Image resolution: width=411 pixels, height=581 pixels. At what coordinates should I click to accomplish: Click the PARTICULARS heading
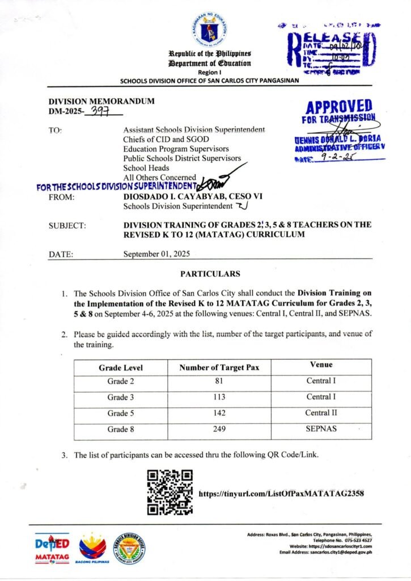click(x=210, y=274)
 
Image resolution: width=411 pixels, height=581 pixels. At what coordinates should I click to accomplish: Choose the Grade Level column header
click(x=121, y=368)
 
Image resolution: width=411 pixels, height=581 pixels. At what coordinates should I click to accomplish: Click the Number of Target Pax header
click(x=219, y=368)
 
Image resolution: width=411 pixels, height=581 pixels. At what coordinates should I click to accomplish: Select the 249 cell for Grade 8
click(x=219, y=430)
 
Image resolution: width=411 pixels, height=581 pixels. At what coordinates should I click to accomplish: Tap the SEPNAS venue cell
click(x=321, y=429)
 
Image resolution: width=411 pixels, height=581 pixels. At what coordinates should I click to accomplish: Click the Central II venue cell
click(x=321, y=413)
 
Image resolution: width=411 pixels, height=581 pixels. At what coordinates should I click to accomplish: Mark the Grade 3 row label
click(x=121, y=398)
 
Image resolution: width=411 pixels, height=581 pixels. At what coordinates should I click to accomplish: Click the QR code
click(x=170, y=492)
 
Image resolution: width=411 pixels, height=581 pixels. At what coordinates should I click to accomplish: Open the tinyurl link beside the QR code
click(x=281, y=493)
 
